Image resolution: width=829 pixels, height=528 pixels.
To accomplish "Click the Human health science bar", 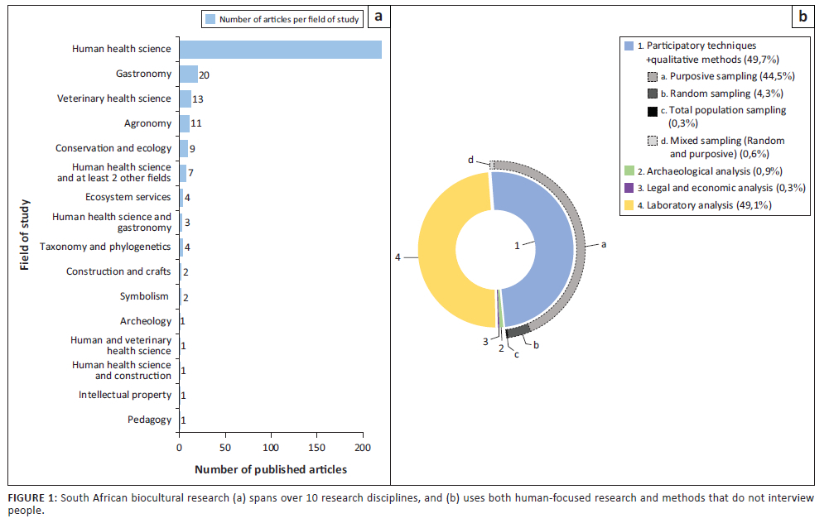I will coord(280,50).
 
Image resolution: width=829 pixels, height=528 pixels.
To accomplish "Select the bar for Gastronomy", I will coord(189,74).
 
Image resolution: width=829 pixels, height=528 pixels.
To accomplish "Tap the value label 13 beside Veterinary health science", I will coord(199,99).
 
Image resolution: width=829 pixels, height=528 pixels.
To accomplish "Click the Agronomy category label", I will coord(147,123).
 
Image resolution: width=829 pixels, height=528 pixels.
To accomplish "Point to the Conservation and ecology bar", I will coord(183,148).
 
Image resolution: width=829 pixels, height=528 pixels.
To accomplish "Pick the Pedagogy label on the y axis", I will coord(150,420).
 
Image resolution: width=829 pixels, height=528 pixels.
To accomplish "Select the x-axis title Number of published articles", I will coord(271,470).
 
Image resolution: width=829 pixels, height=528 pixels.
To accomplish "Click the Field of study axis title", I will coord(25,234).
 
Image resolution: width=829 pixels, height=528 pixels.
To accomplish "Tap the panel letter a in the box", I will coord(378,17).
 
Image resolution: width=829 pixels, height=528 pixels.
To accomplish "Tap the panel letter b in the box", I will coord(802,17).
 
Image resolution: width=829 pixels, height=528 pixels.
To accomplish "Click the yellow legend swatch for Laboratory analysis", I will coord(629,205).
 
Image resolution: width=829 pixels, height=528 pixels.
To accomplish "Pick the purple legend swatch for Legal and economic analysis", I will coord(629,188).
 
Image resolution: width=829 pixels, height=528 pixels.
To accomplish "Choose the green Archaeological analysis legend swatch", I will coord(629,170).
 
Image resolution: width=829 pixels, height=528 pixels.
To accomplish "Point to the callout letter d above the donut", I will coord(470,159).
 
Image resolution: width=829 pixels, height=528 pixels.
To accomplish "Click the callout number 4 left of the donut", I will coord(398,257).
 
